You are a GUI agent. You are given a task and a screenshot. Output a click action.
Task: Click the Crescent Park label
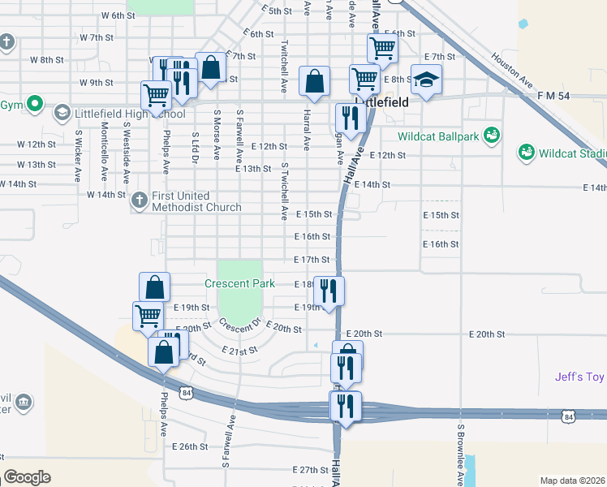(x=251, y=284)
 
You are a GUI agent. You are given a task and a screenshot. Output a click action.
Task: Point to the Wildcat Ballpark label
(x=438, y=136)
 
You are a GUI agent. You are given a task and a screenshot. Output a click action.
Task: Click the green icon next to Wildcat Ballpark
(x=490, y=134)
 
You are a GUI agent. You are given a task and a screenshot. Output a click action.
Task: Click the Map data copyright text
(x=573, y=481)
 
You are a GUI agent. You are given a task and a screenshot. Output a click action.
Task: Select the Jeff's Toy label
(x=580, y=377)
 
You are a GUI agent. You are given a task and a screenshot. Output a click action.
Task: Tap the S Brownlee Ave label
(x=460, y=455)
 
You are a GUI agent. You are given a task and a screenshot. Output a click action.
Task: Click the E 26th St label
(x=191, y=446)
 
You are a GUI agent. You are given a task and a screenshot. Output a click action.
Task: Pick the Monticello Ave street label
(x=104, y=152)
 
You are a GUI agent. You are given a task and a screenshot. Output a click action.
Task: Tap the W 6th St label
(x=118, y=15)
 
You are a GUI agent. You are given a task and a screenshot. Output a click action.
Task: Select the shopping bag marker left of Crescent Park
(x=154, y=287)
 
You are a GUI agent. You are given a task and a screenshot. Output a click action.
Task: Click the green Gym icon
(x=34, y=104)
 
